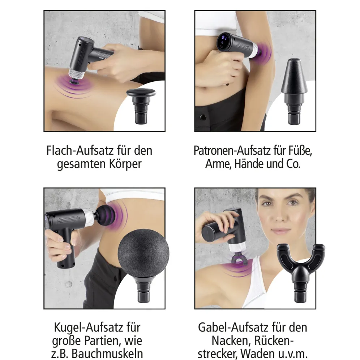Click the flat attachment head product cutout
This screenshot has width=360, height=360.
[x=141, y=106]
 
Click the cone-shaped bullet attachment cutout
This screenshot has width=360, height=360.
[x=294, y=91]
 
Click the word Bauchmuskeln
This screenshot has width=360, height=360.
[x=107, y=353]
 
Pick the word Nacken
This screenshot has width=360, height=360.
[x=231, y=340]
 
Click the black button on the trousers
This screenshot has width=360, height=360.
[x=202, y=117]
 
